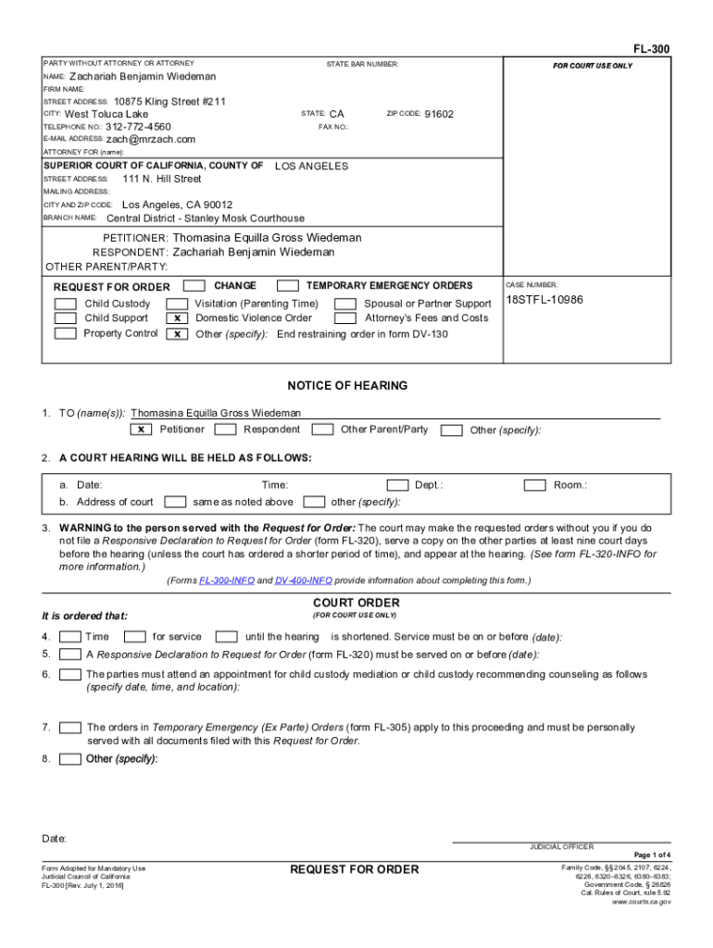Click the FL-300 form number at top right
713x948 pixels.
point(652,48)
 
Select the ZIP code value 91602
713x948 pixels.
point(439,114)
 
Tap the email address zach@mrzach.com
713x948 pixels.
point(151,140)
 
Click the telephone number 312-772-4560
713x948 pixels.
point(138,127)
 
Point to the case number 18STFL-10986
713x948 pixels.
point(544,300)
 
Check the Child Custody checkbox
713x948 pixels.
point(65,304)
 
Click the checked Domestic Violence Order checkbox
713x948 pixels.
point(176,318)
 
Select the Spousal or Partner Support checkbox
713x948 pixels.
point(345,304)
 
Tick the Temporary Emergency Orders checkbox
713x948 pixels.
point(288,286)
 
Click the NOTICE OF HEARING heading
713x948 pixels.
point(347,386)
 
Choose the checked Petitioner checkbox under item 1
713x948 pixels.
point(141,430)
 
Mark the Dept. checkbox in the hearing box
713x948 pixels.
point(397,485)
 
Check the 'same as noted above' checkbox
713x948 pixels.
point(173,502)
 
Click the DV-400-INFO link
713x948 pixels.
point(303,580)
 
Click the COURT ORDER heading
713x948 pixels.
point(356,603)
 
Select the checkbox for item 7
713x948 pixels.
point(69,728)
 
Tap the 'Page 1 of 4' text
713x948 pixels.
point(652,854)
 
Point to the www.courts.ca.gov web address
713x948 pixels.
point(642,901)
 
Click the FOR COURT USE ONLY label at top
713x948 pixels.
point(593,67)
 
